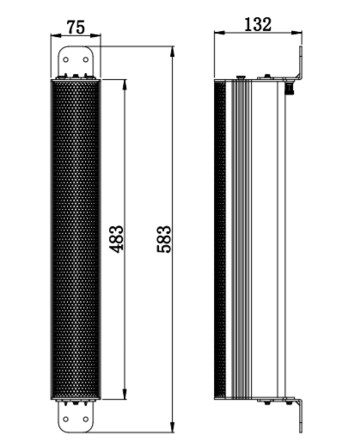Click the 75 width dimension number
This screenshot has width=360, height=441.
click(76, 26)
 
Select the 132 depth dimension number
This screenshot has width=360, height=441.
click(258, 24)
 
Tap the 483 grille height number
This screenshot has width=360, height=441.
click(118, 240)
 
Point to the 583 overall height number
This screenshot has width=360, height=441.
click(165, 240)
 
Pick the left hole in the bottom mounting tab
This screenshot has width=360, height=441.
click(67, 420)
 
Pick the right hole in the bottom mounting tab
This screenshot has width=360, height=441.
click(86, 420)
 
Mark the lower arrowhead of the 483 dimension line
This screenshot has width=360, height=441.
click(127, 397)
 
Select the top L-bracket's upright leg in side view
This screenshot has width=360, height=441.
click(302, 60)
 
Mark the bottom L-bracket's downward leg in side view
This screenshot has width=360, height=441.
click(302, 417)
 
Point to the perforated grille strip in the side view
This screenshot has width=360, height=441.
click(228, 241)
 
